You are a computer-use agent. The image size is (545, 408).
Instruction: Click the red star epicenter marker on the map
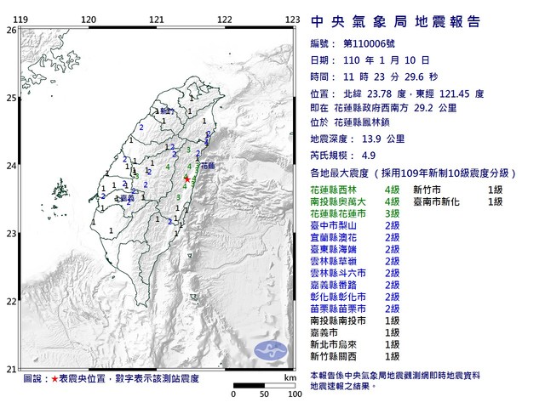tap(186, 179)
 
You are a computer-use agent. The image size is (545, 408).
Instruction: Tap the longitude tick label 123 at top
tap(292, 20)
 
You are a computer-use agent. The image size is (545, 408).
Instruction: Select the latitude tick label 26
tap(11, 30)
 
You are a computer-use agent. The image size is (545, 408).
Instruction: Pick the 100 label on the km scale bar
tap(295, 395)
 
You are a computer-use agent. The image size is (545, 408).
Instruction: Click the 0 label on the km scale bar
tap(234, 395)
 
